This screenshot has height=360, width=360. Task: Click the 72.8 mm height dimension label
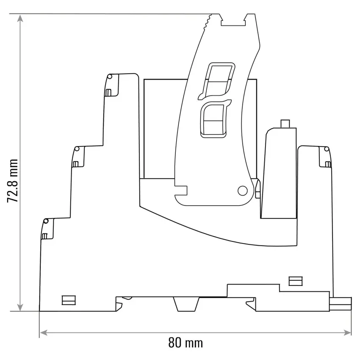[x=13, y=181]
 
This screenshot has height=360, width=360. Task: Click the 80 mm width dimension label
[x=186, y=343]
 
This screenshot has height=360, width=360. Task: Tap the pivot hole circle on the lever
[x=242, y=191]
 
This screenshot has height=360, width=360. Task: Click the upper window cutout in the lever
[x=217, y=81]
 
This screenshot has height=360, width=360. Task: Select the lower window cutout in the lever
[x=215, y=119]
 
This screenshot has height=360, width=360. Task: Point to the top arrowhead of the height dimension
[x=20, y=18]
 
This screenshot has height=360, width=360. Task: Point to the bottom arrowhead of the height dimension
[x=20, y=307]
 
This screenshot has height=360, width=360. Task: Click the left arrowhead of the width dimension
[x=44, y=332]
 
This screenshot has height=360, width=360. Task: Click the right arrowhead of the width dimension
[x=347, y=332]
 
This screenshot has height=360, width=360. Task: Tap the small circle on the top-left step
[x=110, y=77]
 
